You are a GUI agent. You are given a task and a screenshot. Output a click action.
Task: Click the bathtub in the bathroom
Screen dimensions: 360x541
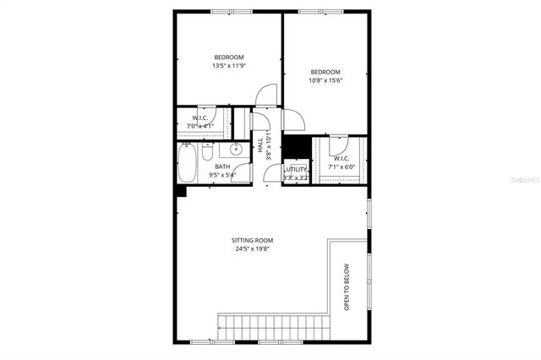coord(189,164)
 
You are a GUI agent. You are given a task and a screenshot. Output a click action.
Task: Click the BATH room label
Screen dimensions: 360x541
coord(222,166)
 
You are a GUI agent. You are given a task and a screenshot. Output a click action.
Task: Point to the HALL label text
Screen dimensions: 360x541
coord(260,145)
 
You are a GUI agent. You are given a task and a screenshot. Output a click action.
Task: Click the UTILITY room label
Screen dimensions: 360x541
coord(296,170)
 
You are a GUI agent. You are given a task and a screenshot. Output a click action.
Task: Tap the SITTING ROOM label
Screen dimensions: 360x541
coord(253,241)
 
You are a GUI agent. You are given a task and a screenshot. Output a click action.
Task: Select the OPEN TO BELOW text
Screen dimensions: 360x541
coord(347,288)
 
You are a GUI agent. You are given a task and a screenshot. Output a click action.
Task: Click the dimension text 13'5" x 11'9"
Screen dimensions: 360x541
coord(228,66)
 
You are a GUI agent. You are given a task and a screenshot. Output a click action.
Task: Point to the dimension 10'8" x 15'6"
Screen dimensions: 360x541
coord(325,80)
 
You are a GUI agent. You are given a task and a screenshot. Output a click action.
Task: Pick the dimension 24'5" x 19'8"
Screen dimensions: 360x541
coord(253,250)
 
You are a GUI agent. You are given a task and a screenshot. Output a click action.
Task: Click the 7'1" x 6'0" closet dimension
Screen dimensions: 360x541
coord(342,167)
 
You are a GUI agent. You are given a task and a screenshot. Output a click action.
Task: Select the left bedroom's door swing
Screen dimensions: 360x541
coord(265,95)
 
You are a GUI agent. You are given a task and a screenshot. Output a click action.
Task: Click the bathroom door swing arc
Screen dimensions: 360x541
coord(244,173)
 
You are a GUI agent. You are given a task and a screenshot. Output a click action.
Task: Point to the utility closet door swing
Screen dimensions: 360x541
coord(272,174)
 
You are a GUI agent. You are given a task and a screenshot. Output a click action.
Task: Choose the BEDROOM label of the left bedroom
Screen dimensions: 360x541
coord(228,57)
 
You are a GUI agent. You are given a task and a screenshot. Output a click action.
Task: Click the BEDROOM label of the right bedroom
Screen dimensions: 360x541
coord(325,71)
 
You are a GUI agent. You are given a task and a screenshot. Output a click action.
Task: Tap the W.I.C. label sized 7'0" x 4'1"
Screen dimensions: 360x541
coord(200,117)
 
